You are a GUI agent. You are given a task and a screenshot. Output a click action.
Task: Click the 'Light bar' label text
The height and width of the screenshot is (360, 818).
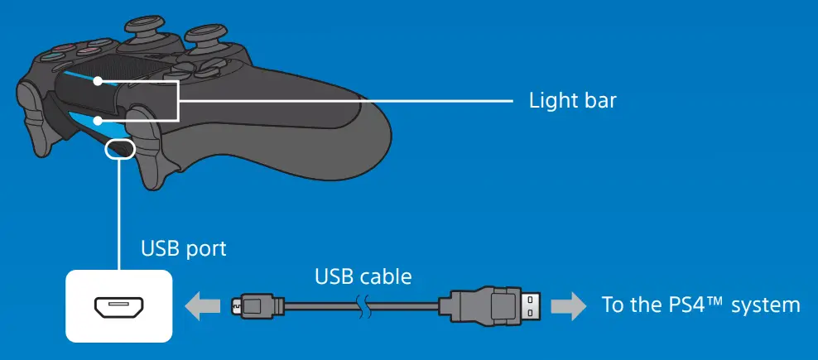(573, 101)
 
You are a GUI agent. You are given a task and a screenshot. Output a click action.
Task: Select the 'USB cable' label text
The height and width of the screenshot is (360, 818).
(362, 276)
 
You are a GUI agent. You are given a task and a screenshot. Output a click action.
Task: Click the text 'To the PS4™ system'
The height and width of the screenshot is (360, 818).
(700, 305)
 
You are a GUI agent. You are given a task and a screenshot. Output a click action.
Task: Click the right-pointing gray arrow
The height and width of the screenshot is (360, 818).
(566, 305)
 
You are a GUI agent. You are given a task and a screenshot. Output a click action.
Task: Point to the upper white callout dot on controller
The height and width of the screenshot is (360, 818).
(99, 81)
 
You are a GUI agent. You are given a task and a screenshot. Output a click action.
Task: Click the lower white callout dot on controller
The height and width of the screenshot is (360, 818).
(99, 121)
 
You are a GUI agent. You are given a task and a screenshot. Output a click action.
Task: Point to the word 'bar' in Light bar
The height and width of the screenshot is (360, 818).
(599, 101)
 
